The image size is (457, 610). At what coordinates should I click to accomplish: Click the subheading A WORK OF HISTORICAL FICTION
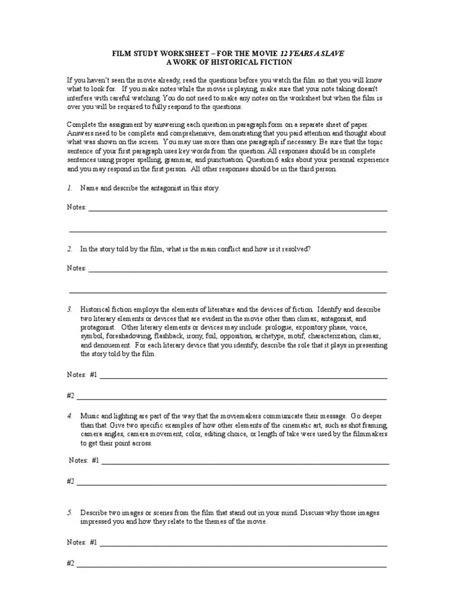click(228, 62)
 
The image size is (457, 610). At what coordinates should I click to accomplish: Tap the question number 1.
click(70, 188)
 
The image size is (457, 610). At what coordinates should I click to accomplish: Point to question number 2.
click(70, 249)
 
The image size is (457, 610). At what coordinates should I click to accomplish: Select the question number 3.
click(70, 310)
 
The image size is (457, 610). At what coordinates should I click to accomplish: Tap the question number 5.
click(70, 512)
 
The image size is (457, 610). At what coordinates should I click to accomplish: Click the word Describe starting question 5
click(94, 512)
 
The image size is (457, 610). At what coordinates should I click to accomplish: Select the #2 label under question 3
click(70, 395)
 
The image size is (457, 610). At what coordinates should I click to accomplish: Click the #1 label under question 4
click(96, 460)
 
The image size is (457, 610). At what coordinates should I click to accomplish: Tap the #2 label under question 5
click(70, 562)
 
